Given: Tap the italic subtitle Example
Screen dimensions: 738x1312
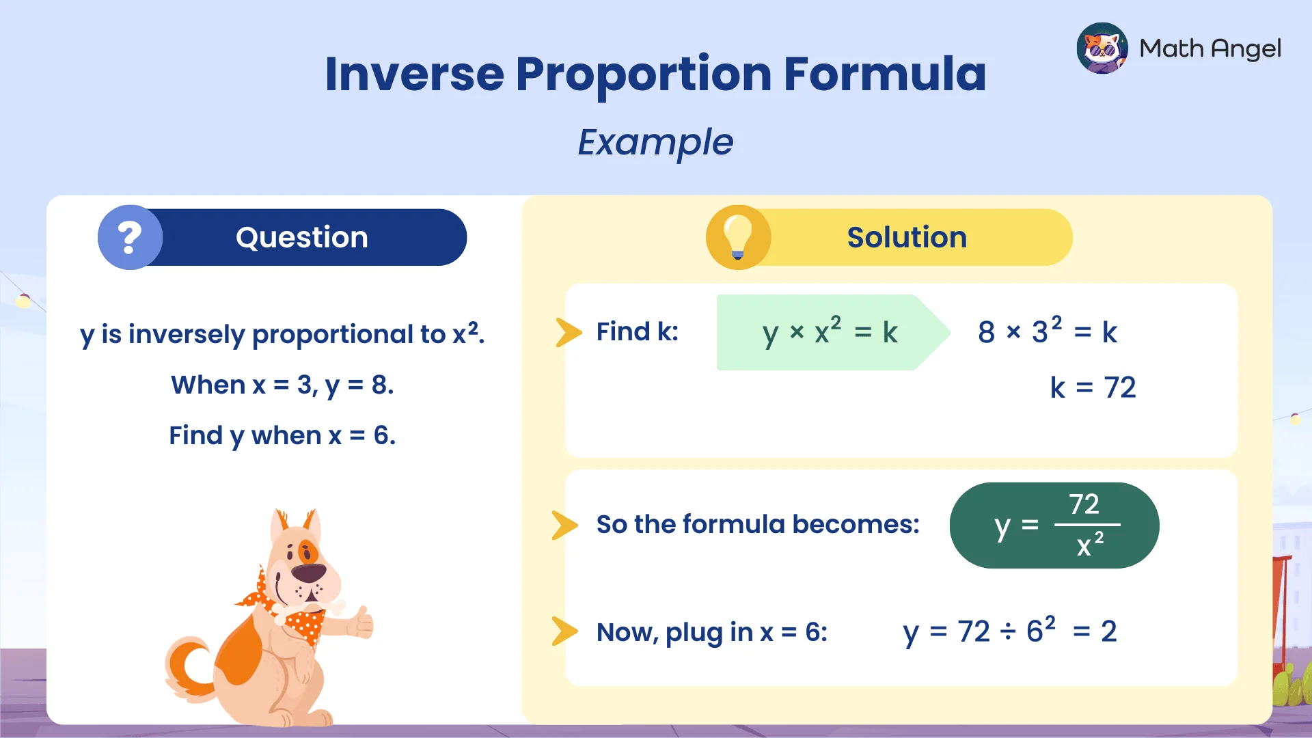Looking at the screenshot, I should click(655, 142).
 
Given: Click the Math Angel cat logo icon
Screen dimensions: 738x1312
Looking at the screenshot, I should click(1102, 48).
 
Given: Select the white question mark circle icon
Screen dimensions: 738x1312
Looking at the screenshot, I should click(130, 237).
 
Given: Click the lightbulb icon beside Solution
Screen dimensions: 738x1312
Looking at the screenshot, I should click(738, 236).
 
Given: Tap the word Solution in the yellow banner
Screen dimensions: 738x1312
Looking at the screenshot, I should click(907, 237).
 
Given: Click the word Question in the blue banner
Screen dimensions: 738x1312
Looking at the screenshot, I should click(301, 237).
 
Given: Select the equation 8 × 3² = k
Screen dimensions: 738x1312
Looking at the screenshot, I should click(1047, 331).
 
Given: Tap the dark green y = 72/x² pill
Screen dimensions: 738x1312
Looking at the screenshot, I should click(1054, 525).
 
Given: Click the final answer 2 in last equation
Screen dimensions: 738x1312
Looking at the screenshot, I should click(1108, 631).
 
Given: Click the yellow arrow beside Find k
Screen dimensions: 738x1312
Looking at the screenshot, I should click(568, 332).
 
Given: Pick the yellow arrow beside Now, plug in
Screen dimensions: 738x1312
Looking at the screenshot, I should click(564, 631).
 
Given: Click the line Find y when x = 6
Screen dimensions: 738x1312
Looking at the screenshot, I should click(282, 435).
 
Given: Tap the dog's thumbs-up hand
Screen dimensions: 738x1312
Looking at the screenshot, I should click(359, 622).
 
